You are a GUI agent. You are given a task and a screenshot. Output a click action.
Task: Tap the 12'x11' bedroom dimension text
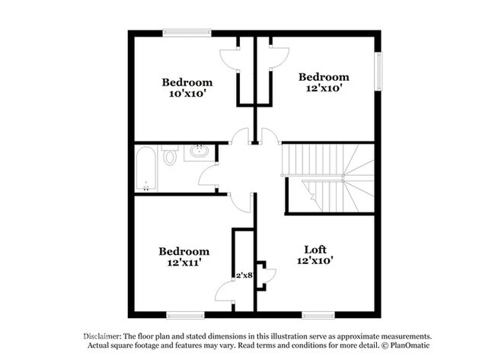pyautogui.click(x=184, y=263)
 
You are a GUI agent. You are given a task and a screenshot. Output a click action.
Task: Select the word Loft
pyautogui.click(x=315, y=250)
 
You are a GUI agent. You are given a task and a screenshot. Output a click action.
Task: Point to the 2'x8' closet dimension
pyautogui.click(x=245, y=275)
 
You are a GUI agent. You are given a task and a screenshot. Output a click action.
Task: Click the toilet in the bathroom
pyautogui.click(x=170, y=155)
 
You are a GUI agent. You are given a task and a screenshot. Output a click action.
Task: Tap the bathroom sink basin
pyautogui.click(x=200, y=151)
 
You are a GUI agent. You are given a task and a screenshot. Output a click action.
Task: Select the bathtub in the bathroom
pyautogui.click(x=146, y=169)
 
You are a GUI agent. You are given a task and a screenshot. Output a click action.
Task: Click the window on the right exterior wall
pyautogui.click(x=378, y=72)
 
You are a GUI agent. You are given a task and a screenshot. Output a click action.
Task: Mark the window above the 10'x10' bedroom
pyautogui.click(x=187, y=33)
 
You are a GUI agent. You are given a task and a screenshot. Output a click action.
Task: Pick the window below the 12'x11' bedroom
pyautogui.click(x=185, y=315)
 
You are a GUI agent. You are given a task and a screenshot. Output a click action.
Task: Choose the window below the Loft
pyautogui.click(x=318, y=315)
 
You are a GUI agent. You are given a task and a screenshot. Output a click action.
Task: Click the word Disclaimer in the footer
pyautogui.click(x=101, y=336)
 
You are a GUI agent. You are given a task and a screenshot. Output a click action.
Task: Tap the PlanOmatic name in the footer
pyautogui.click(x=410, y=346)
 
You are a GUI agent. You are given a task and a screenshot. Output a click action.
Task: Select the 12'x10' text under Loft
pyautogui.click(x=315, y=260)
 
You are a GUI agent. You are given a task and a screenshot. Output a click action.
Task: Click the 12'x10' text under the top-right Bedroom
pyautogui.click(x=324, y=88)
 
